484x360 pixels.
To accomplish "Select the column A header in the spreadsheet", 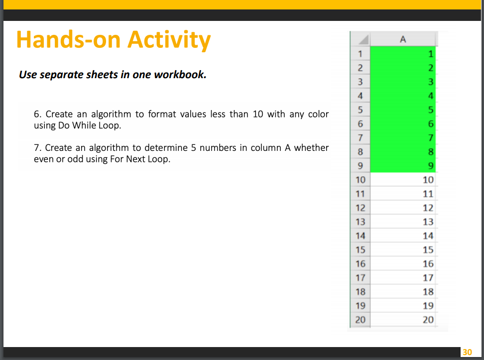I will (x=403, y=39).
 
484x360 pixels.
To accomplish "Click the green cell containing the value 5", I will (x=403, y=109).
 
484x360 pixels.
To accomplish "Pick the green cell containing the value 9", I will (x=403, y=165).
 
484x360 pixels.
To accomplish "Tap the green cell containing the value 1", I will (x=403, y=53).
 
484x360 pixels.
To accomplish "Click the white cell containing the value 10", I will (x=403, y=179).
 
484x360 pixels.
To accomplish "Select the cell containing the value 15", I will (x=403, y=249).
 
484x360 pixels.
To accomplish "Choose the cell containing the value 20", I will (x=403, y=320).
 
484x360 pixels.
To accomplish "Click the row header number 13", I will (x=360, y=222).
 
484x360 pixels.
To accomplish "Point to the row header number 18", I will (x=360, y=292).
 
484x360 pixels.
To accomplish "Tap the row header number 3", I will (x=360, y=82).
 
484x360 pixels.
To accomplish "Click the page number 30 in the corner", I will (x=467, y=353).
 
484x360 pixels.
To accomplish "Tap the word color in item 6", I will (x=318, y=115).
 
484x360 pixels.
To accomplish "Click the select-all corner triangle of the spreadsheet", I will (x=363, y=39).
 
